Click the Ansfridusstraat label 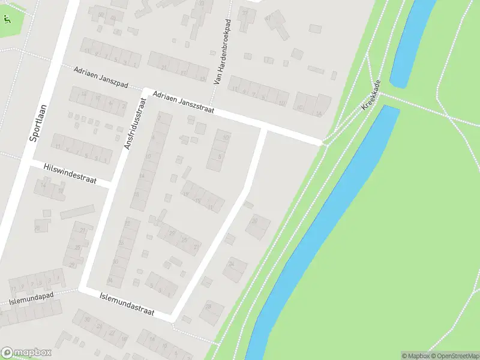[134, 123]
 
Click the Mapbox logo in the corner [26, 352]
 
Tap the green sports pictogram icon [7, 19]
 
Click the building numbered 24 [235, 268]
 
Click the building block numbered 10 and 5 [220, 149]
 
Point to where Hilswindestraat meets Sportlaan [25, 162]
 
